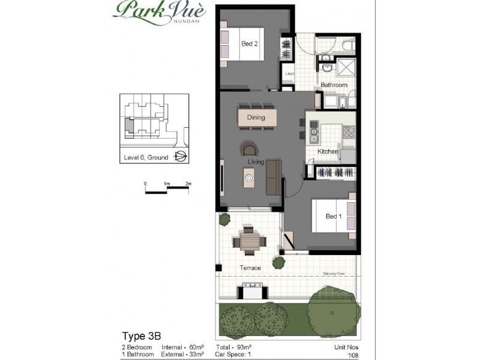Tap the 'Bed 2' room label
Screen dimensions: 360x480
coord(250,44)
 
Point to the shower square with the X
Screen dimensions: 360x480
coord(346,68)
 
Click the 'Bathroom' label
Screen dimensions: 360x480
coord(334,85)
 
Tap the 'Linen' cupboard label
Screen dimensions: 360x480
coord(289,74)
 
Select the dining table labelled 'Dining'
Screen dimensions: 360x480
coord(256,118)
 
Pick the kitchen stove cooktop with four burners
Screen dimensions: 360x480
coord(349,130)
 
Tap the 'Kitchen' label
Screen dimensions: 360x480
coord(328,152)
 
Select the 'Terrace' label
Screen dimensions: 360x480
coord(250,268)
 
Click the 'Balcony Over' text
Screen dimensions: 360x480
coord(334,273)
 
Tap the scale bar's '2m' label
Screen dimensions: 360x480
coord(188,184)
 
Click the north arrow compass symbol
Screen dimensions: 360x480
coord(179,157)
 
